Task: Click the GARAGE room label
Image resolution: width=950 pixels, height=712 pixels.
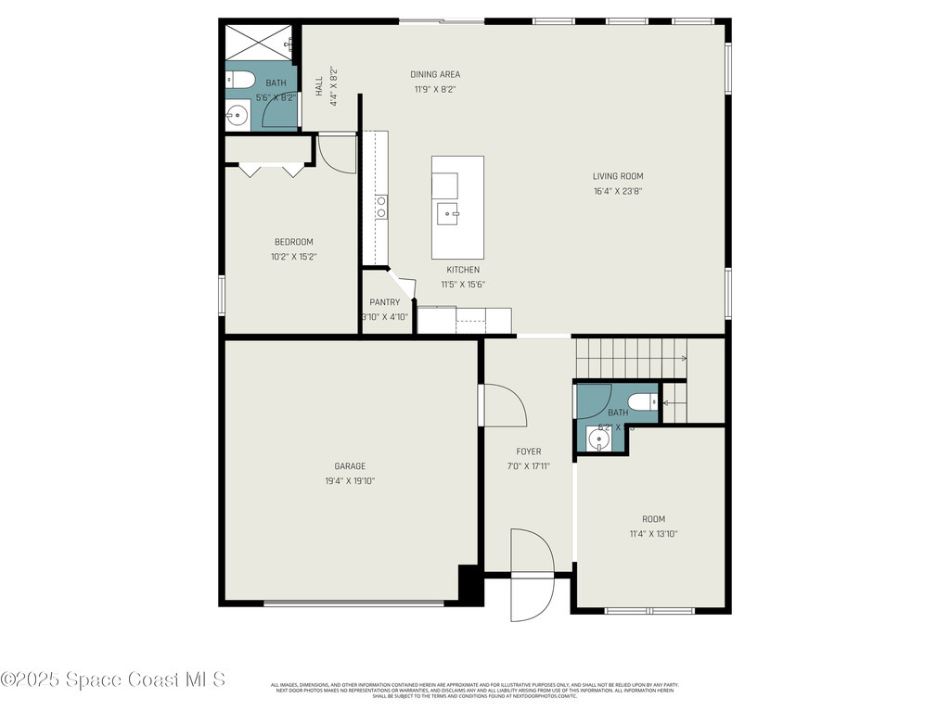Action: [x=350, y=466]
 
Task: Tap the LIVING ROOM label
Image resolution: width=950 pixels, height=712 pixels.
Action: [x=618, y=176]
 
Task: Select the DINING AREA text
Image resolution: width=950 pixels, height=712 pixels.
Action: [x=435, y=74]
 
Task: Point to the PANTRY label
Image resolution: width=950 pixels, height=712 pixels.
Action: [x=384, y=302]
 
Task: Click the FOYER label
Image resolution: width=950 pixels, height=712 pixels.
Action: [x=529, y=451]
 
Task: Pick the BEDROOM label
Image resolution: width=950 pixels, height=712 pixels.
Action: [x=293, y=242]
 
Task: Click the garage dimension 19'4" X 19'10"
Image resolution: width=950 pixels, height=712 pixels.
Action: [x=350, y=481]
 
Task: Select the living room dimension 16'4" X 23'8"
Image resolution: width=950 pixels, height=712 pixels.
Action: [x=618, y=192]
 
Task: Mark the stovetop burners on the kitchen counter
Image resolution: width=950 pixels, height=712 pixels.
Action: [x=380, y=207]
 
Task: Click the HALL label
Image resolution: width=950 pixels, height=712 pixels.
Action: [x=319, y=85]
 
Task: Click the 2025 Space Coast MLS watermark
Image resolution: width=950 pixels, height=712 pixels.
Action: [x=113, y=680]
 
